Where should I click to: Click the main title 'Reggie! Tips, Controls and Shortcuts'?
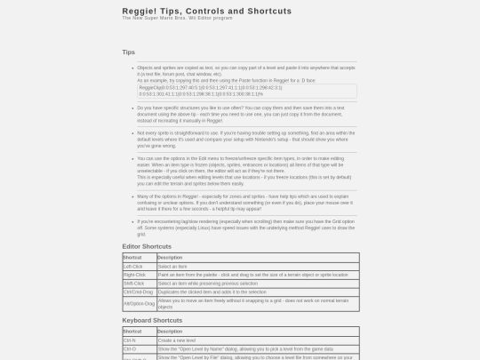206,11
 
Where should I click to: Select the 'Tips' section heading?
129,52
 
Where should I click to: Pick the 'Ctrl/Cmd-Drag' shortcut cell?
138,292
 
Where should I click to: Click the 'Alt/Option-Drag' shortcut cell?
139,303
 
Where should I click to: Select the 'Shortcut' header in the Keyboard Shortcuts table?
132,332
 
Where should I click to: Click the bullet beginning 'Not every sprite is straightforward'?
245,139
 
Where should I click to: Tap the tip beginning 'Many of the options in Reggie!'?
245,203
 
